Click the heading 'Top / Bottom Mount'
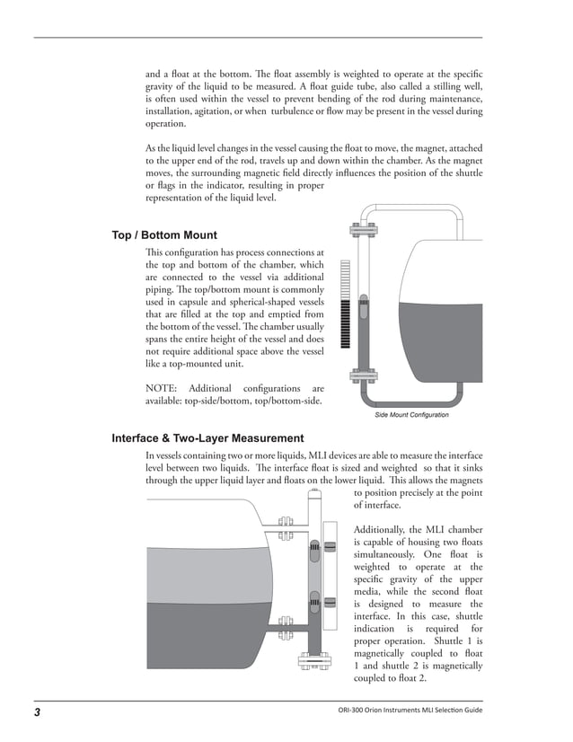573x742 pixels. (x=164, y=235)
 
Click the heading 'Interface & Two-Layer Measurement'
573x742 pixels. (x=207, y=438)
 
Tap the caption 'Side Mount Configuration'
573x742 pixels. (x=410, y=415)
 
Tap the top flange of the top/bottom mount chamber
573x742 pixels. (x=364, y=225)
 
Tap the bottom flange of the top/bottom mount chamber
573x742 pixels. (x=364, y=375)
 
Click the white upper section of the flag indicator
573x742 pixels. (x=345, y=278)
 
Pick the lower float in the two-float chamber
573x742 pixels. (x=314, y=600)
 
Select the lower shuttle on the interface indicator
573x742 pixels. (x=330, y=600)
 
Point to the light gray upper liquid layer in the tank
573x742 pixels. (x=207, y=575)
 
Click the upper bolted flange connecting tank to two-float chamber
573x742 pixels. (x=286, y=527)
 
